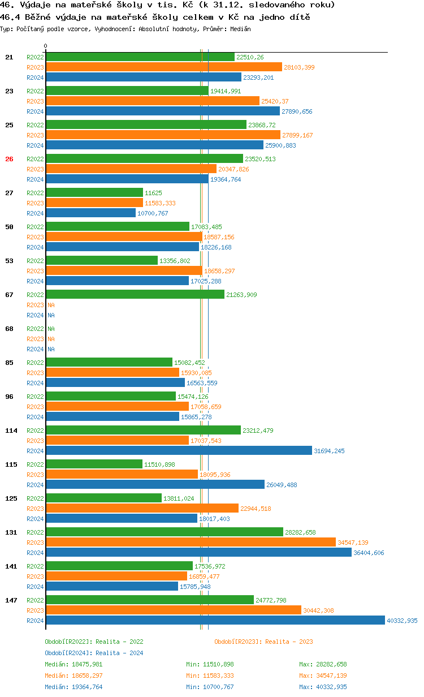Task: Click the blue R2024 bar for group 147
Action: coord(215,621)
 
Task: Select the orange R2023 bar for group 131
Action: coord(191,543)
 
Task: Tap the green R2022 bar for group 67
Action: coord(135,295)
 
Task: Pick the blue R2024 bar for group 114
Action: coord(179,451)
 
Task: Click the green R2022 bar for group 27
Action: coord(94,193)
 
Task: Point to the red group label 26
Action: coord(9,159)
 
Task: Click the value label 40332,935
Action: coord(402,621)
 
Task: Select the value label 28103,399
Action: coord(299,67)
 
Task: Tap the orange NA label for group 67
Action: coord(51,305)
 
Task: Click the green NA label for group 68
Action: coord(51,329)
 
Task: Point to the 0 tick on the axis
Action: coord(46,46)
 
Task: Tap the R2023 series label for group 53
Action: coord(35,271)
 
